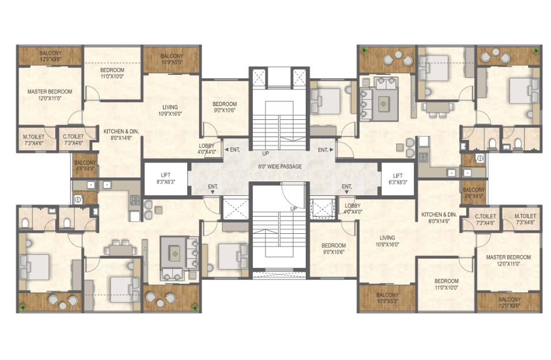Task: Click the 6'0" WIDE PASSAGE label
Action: pyautogui.click(x=280, y=166)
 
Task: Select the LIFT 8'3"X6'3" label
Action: pyautogui.click(x=165, y=178)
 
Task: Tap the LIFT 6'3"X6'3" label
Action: pyautogui.click(x=398, y=179)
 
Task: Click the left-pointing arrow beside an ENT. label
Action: pyautogui.click(x=226, y=150)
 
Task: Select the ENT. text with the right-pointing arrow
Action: pyautogui.click(x=323, y=150)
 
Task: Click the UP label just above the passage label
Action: pyautogui.click(x=265, y=154)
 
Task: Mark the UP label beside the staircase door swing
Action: pyautogui.click(x=294, y=209)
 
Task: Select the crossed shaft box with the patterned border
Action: pyautogui.click(x=320, y=207)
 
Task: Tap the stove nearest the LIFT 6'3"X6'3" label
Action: pyautogui.click(x=423, y=157)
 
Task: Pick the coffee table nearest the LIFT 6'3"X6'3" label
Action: pyautogui.click(x=383, y=103)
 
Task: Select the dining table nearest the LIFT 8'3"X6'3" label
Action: pyautogui.click(x=120, y=249)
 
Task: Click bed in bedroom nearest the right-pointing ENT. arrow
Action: pyautogui.click(x=326, y=101)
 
